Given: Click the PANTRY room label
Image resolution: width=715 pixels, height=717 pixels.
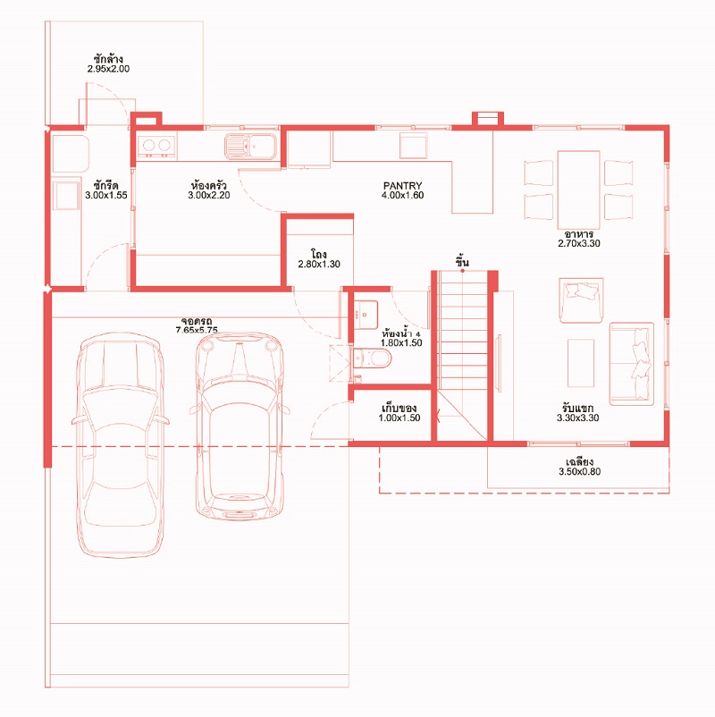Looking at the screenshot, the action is pyautogui.click(x=402, y=186).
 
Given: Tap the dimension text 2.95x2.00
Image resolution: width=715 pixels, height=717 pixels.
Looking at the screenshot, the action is pyautogui.click(x=108, y=69).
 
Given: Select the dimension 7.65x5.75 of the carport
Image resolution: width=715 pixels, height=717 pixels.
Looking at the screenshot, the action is pyautogui.click(x=197, y=330).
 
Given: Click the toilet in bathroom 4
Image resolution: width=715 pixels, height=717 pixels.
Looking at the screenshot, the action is pyautogui.click(x=372, y=358).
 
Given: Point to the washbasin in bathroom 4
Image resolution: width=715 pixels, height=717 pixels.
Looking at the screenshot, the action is pyautogui.click(x=366, y=314).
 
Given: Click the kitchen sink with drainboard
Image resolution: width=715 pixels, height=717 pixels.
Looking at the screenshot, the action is pyautogui.click(x=250, y=147).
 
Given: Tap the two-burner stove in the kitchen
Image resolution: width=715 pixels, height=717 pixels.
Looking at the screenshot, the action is pyautogui.click(x=156, y=147).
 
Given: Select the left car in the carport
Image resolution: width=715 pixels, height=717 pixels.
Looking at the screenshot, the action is pyautogui.click(x=120, y=444).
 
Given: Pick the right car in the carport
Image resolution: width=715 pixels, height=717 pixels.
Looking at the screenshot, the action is pyautogui.click(x=240, y=426).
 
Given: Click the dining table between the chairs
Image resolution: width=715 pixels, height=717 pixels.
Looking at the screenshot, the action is pyautogui.click(x=578, y=190).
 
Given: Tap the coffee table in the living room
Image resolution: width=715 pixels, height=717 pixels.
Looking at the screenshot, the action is pyautogui.click(x=581, y=363).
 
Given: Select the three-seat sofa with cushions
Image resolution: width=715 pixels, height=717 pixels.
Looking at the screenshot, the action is pyautogui.click(x=631, y=364).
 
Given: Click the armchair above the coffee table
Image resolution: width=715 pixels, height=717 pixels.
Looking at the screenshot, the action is pyautogui.click(x=581, y=300).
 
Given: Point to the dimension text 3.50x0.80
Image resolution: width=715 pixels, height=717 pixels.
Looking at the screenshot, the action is pyautogui.click(x=580, y=471).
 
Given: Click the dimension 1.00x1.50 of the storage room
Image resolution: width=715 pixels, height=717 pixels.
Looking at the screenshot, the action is pyautogui.click(x=400, y=418).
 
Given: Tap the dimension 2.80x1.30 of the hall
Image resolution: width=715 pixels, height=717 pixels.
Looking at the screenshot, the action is pyautogui.click(x=319, y=264).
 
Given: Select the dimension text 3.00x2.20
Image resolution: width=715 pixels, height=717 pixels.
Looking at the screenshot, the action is pyautogui.click(x=209, y=195).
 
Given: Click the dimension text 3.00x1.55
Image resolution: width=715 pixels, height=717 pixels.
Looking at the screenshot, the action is pyautogui.click(x=106, y=195).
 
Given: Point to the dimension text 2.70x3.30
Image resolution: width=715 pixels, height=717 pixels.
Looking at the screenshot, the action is pyautogui.click(x=579, y=243).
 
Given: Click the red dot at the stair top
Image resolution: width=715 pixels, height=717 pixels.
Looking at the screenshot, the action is pyautogui.click(x=462, y=271).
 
